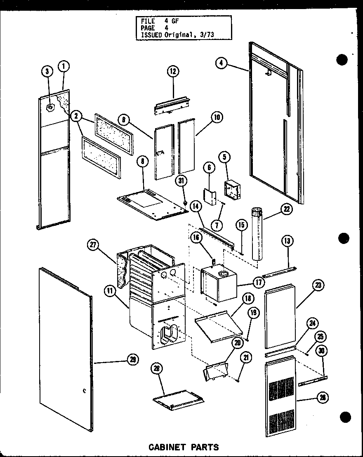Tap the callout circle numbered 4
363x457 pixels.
click(x=222, y=63)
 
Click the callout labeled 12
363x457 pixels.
click(x=172, y=71)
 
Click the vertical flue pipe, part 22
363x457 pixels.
click(x=256, y=235)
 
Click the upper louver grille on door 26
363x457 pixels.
click(x=282, y=389)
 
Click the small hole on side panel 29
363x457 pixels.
click(x=84, y=390)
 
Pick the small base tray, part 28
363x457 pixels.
click(x=179, y=398)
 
